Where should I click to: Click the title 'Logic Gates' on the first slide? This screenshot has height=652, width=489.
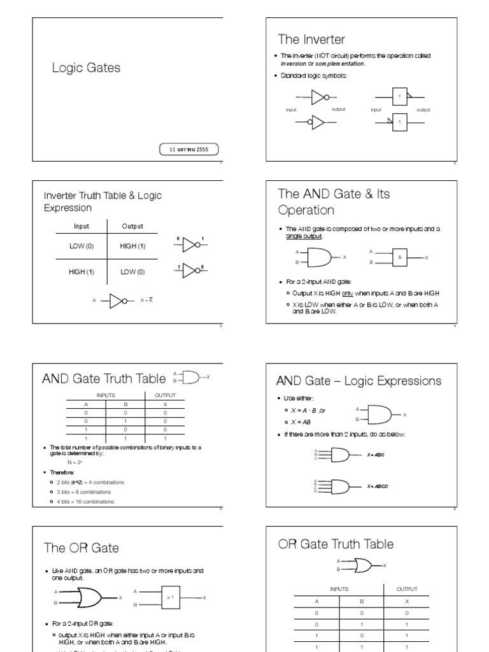click(86, 68)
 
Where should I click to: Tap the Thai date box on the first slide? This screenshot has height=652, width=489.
click(188, 150)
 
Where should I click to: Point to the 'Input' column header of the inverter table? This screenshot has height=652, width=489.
click(81, 226)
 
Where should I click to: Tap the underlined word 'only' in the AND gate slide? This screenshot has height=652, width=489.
click(347, 294)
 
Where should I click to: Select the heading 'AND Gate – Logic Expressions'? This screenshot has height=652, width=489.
click(358, 381)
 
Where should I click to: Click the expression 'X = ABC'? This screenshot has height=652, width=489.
click(375, 455)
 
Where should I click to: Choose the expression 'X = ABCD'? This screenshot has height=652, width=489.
click(378, 486)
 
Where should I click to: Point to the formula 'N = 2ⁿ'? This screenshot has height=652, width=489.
click(75, 462)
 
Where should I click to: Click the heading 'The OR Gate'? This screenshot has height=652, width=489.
click(81, 548)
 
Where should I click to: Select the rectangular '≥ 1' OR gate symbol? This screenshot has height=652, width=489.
click(171, 597)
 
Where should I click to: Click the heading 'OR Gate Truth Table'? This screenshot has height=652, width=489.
click(336, 544)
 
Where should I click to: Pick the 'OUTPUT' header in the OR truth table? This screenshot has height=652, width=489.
click(407, 590)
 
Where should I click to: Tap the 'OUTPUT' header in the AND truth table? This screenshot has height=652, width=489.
click(165, 395)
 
